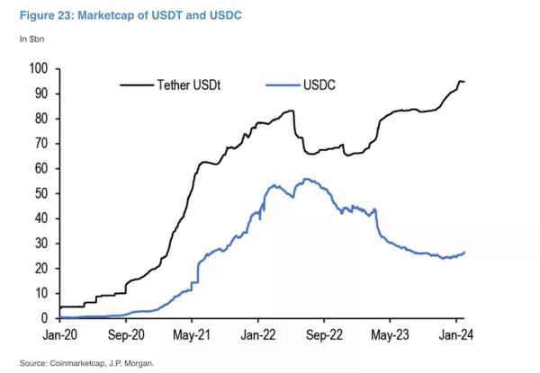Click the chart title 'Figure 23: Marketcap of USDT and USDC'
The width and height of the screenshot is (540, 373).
pyautogui.click(x=130, y=15)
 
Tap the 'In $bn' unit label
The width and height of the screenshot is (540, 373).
pyautogui.click(x=31, y=40)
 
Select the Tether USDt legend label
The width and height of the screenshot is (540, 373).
pyautogui.click(x=189, y=84)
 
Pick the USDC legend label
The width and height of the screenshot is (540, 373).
pyautogui.click(x=319, y=84)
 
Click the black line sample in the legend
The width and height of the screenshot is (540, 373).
pyautogui.click(x=137, y=84)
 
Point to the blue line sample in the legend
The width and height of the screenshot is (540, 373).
pyautogui.click(x=283, y=84)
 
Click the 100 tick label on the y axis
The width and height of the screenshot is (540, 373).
pyautogui.click(x=38, y=68)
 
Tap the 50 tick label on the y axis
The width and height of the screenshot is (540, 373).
pyautogui.click(x=41, y=193)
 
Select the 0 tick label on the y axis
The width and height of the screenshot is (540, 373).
pyautogui.click(x=44, y=318)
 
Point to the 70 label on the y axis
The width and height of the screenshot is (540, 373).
pyautogui.click(x=41, y=143)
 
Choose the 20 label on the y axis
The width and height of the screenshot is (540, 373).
pyautogui.click(x=41, y=269)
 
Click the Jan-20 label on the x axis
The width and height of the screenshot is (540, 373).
pyautogui.click(x=60, y=335)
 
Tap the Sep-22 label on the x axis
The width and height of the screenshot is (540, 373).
pyautogui.click(x=324, y=335)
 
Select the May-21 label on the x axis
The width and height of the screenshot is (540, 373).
pyautogui.click(x=192, y=335)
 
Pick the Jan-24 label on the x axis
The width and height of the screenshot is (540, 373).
pyautogui.click(x=456, y=335)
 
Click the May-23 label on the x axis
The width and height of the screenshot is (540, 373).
pyautogui.click(x=390, y=335)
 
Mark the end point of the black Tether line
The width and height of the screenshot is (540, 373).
pyautogui.click(x=464, y=82)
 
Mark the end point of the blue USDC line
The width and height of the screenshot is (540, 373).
pyautogui.click(x=464, y=253)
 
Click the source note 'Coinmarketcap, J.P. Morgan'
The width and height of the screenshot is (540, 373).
pyautogui.click(x=102, y=363)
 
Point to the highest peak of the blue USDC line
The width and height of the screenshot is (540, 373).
pyautogui.click(x=305, y=179)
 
